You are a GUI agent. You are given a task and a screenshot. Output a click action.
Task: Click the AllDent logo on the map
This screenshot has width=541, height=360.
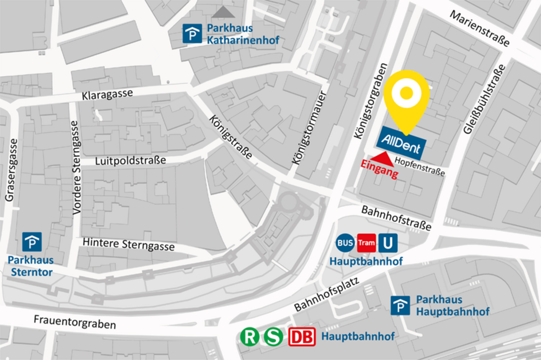(x=400, y=143)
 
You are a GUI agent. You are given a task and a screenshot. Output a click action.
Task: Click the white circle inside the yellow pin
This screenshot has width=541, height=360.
(x=407, y=93)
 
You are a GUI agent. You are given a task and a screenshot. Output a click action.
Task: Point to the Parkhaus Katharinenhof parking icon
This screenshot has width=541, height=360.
(x=192, y=34)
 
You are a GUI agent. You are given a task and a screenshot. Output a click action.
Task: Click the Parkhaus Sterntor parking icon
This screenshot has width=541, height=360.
(x=32, y=242)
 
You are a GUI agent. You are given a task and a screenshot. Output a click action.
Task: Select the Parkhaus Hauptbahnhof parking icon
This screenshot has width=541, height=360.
(x=400, y=305)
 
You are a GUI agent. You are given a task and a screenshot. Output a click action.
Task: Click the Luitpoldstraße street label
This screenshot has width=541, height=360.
(x=131, y=160)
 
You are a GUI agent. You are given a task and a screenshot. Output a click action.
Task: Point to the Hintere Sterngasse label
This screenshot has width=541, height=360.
(x=128, y=244)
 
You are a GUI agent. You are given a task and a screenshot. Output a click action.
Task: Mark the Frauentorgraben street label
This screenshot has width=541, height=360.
(x=75, y=322)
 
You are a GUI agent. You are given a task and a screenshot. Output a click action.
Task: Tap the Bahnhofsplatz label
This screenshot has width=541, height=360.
(x=326, y=294)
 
